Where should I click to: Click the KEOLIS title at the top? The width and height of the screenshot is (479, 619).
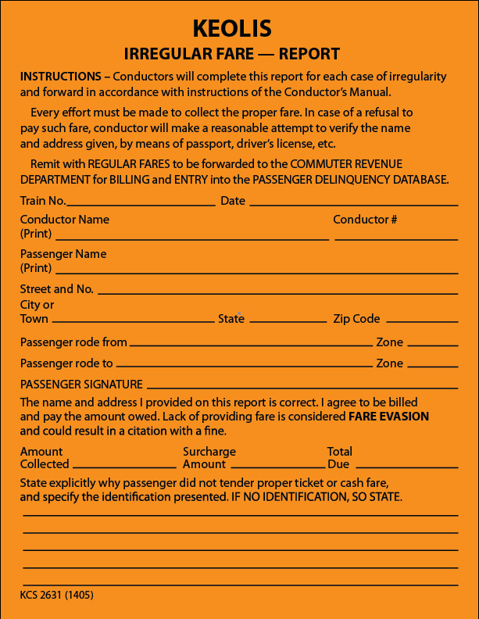pos(232,29)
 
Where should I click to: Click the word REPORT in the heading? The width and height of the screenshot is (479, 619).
pos(309,55)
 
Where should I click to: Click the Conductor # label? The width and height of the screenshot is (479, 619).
pos(365,220)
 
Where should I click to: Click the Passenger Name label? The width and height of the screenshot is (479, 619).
pos(63,254)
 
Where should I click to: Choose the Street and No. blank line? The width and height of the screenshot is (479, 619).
pos(277,292)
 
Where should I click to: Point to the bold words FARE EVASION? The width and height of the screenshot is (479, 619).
pos(388,417)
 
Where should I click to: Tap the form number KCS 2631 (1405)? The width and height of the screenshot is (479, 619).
pos(57,595)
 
